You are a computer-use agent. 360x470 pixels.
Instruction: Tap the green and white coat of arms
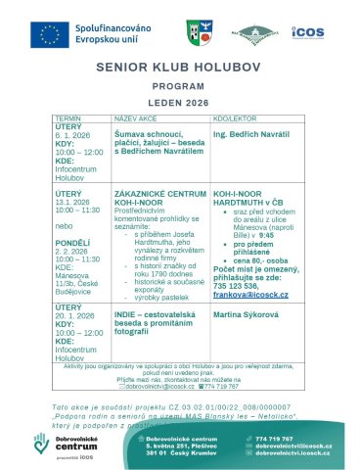[196, 33]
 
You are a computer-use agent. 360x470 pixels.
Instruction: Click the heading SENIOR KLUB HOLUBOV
[180, 70]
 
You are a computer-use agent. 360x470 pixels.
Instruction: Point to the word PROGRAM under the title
[180, 86]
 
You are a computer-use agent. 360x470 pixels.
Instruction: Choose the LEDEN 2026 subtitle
[180, 102]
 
